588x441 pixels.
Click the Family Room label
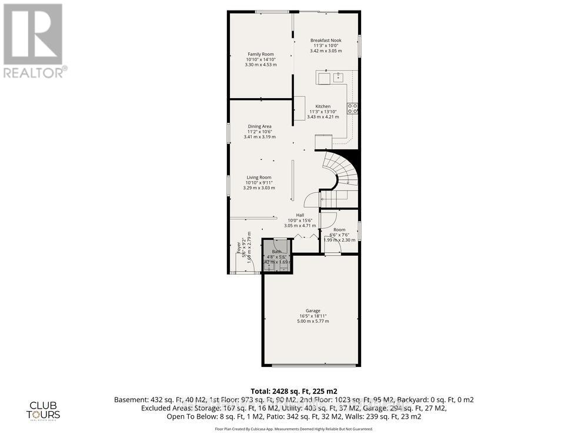click(x=260, y=54)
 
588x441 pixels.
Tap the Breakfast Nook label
click(x=326, y=40)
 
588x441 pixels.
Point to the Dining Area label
click(x=259, y=126)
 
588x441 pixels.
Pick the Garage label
click(x=312, y=310)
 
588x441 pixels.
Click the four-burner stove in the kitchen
click(x=354, y=108)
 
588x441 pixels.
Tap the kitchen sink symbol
click(x=339, y=77)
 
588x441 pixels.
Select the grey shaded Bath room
click(x=277, y=257)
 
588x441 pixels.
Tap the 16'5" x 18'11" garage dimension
click(x=312, y=316)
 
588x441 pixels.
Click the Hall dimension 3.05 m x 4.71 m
click(x=300, y=225)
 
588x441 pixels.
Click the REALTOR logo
click(x=35, y=41)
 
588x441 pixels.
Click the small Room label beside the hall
click(x=339, y=229)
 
